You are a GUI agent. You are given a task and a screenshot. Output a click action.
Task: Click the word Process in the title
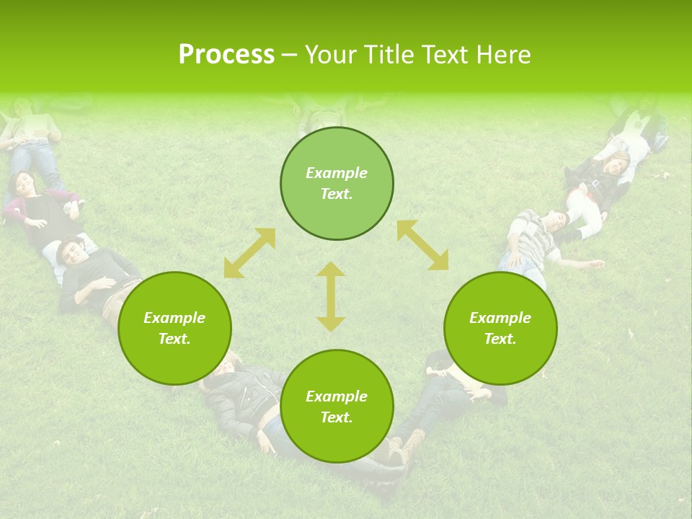click(226, 55)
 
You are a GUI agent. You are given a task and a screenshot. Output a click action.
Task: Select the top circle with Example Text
click(337, 184)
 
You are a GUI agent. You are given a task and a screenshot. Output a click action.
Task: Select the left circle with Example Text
click(174, 328)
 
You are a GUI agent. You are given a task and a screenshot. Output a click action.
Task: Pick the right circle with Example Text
click(500, 328)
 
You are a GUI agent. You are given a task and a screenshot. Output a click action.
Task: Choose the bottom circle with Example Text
click(337, 407)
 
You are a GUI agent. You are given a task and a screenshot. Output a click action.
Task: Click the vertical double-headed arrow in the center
click(331, 296)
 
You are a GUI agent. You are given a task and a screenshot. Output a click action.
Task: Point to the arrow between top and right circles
click(422, 245)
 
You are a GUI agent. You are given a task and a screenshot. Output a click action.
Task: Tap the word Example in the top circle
click(337, 173)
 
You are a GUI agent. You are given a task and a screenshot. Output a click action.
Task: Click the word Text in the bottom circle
click(335, 417)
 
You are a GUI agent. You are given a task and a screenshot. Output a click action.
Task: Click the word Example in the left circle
click(174, 318)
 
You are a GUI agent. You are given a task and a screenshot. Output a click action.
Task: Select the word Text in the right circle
click(499, 339)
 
